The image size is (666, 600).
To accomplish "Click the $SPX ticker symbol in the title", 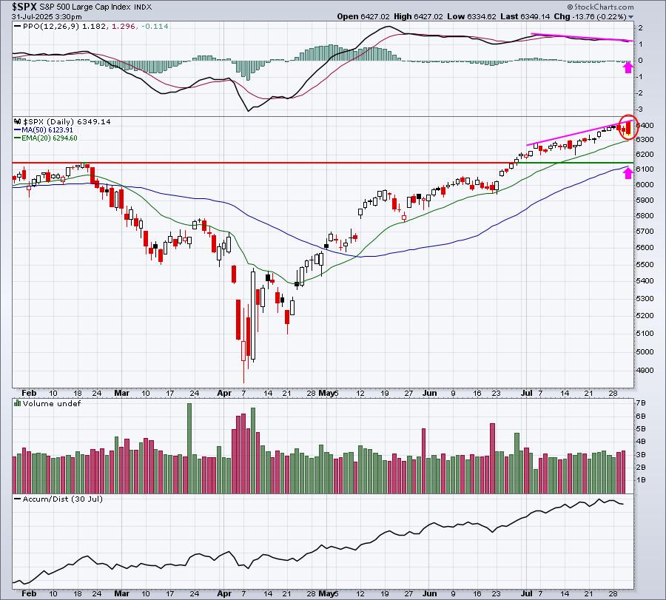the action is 24,7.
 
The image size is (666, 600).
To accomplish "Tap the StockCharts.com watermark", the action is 600,7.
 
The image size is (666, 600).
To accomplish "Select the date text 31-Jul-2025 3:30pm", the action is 47,17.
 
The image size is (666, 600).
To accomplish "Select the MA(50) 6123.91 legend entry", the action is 47,130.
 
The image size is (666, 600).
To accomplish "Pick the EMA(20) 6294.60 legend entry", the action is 50,138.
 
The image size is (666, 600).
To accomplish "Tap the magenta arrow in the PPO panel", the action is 628,67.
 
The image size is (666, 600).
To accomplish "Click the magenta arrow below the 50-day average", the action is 628,172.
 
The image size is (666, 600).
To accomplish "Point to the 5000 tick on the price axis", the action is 645,351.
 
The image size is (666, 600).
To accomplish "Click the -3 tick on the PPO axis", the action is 639,109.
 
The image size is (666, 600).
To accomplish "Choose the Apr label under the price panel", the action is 223,393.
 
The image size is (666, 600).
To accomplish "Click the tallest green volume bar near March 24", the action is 189,448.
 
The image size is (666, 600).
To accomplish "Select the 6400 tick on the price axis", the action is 645,125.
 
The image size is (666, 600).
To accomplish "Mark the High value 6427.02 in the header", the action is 418,16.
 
